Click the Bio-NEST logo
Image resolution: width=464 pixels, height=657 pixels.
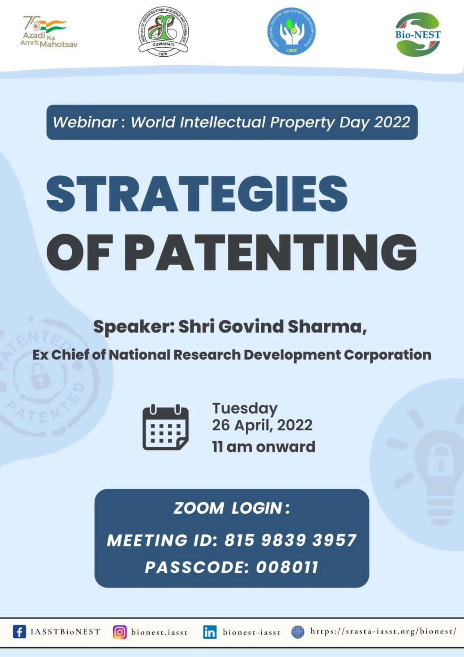[x=418, y=34]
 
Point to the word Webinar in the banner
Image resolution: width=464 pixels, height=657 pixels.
[x=85, y=122]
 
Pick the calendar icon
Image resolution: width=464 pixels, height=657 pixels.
[x=166, y=427]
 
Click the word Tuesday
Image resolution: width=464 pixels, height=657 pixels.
[x=245, y=408]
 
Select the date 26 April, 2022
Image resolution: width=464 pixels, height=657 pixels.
[x=262, y=425]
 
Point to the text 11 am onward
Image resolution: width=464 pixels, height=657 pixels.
[x=264, y=446]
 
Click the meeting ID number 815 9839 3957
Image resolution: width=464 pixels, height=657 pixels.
[x=290, y=540]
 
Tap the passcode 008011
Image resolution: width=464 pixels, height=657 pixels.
[x=287, y=567]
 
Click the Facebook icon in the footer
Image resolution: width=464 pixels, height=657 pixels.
[x=19, y=632]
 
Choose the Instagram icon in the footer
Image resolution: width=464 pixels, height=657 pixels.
[x=120, y=632]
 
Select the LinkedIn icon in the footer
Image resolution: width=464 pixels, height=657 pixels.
[x=210, y=632]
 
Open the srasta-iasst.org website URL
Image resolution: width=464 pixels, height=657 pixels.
[x=383, y=631]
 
